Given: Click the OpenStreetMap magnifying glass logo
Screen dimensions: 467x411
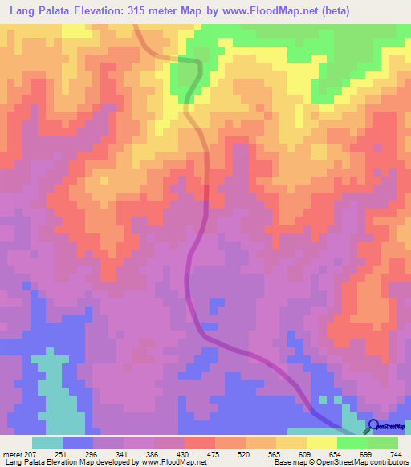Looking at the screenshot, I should coord(372,425).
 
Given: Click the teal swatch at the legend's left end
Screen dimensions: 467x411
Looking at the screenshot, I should coord(47,442).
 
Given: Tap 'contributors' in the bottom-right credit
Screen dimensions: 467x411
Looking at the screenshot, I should coord(385,461).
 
